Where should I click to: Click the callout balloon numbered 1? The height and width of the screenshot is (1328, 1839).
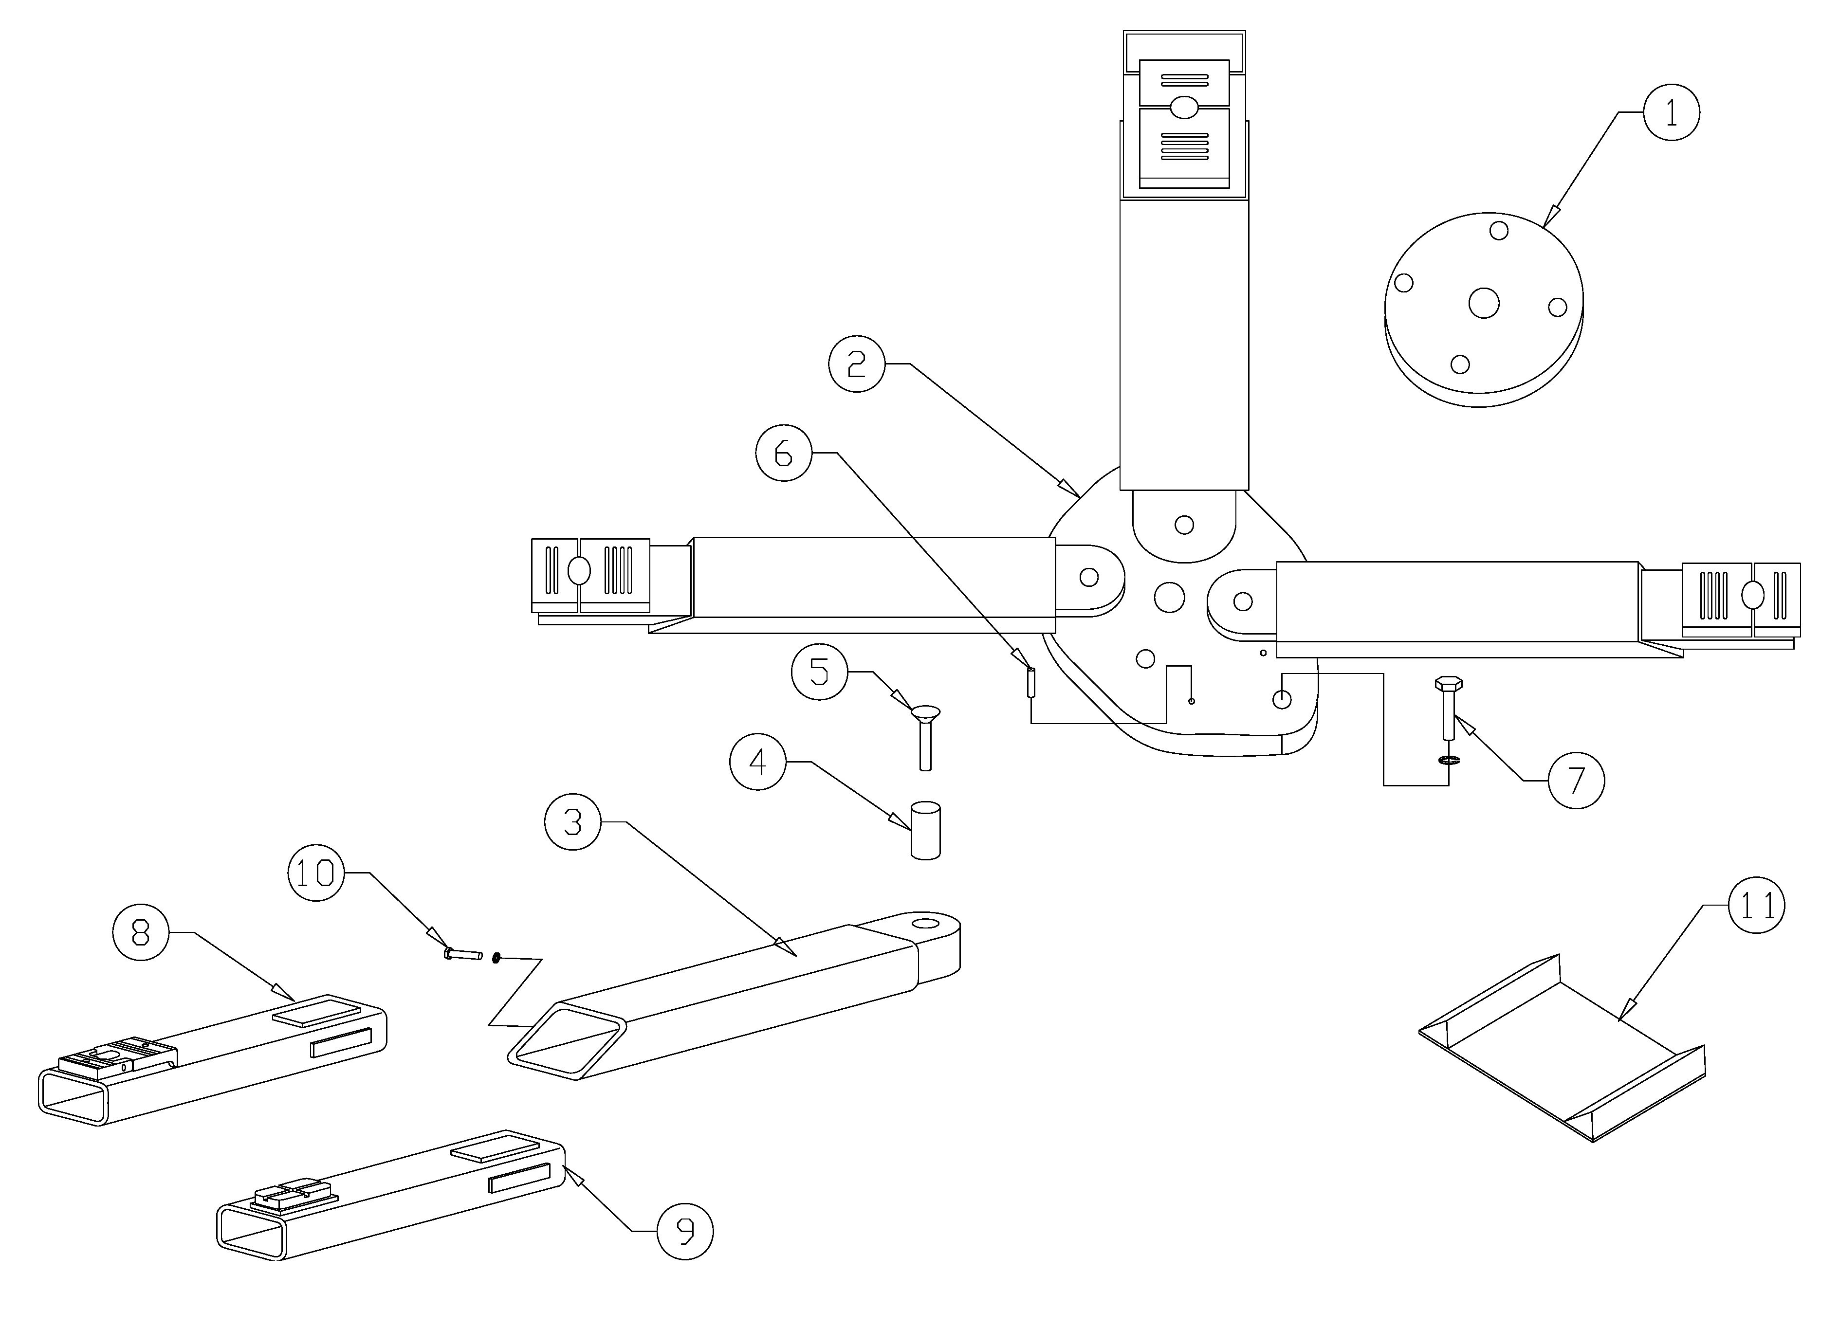click(1671, 113)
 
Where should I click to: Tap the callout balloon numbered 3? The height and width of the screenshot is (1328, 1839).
click(572, 822)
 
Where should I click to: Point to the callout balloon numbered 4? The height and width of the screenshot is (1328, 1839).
click(757, 762)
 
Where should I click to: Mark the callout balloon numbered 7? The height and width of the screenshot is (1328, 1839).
click(1576, 781)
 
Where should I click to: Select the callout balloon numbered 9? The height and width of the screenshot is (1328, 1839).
click(685, 1231)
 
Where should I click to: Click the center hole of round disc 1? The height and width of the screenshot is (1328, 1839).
click(1484, 303)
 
